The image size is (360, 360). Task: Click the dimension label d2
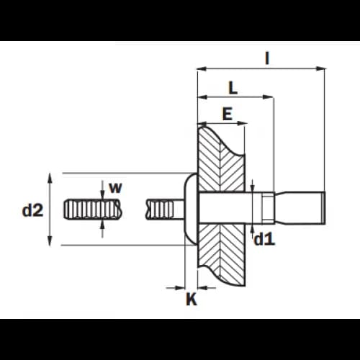pyautogui.click(x=32, y=210)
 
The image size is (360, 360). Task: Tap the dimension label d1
pyautogui.click(x=264, y=239)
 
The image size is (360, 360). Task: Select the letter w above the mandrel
pyautogui.click(x=115, y=188)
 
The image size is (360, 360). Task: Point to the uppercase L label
pyautogui.click(x=233, y=88)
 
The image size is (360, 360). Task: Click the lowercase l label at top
pyautogui.click(x=267, y=58)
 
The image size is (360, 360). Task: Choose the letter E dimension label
pyautogui.click(x=228, y=114)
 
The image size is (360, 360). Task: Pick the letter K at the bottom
pyautogui.click(x=192, y=299)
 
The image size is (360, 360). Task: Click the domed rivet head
pyautogui.click(x=191, y=209)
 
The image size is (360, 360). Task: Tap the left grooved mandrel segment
pyautogui.click(x=93, y=209)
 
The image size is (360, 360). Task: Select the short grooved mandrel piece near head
pyautogui.click(x=160, y=210)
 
